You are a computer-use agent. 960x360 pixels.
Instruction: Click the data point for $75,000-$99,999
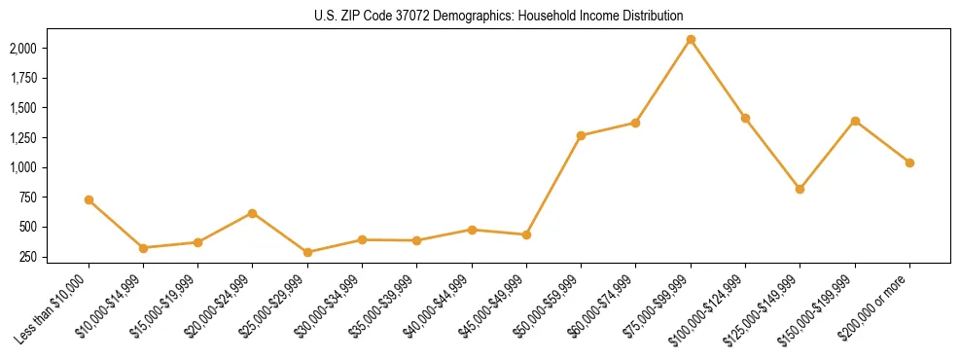tap(691, 40)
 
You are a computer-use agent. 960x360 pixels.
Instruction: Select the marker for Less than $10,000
tap(89, 199)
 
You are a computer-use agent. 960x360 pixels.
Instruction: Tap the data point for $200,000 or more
tap(909, 162)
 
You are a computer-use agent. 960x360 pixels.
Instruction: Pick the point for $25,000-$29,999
tap(307, 252)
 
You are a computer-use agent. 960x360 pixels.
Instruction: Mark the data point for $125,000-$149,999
tap(800, 189)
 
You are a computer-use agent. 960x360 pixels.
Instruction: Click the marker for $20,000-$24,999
tap(253, 213)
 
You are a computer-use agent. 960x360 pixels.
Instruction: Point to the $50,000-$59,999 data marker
tap(581, 135)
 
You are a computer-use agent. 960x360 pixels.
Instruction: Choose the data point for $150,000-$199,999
tap(855, 121)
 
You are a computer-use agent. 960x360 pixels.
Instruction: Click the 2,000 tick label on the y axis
tap(22, 48)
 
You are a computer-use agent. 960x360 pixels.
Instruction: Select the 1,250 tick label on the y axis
tap(22, 138)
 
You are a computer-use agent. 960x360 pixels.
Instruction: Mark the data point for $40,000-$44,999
tap(472, 230)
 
